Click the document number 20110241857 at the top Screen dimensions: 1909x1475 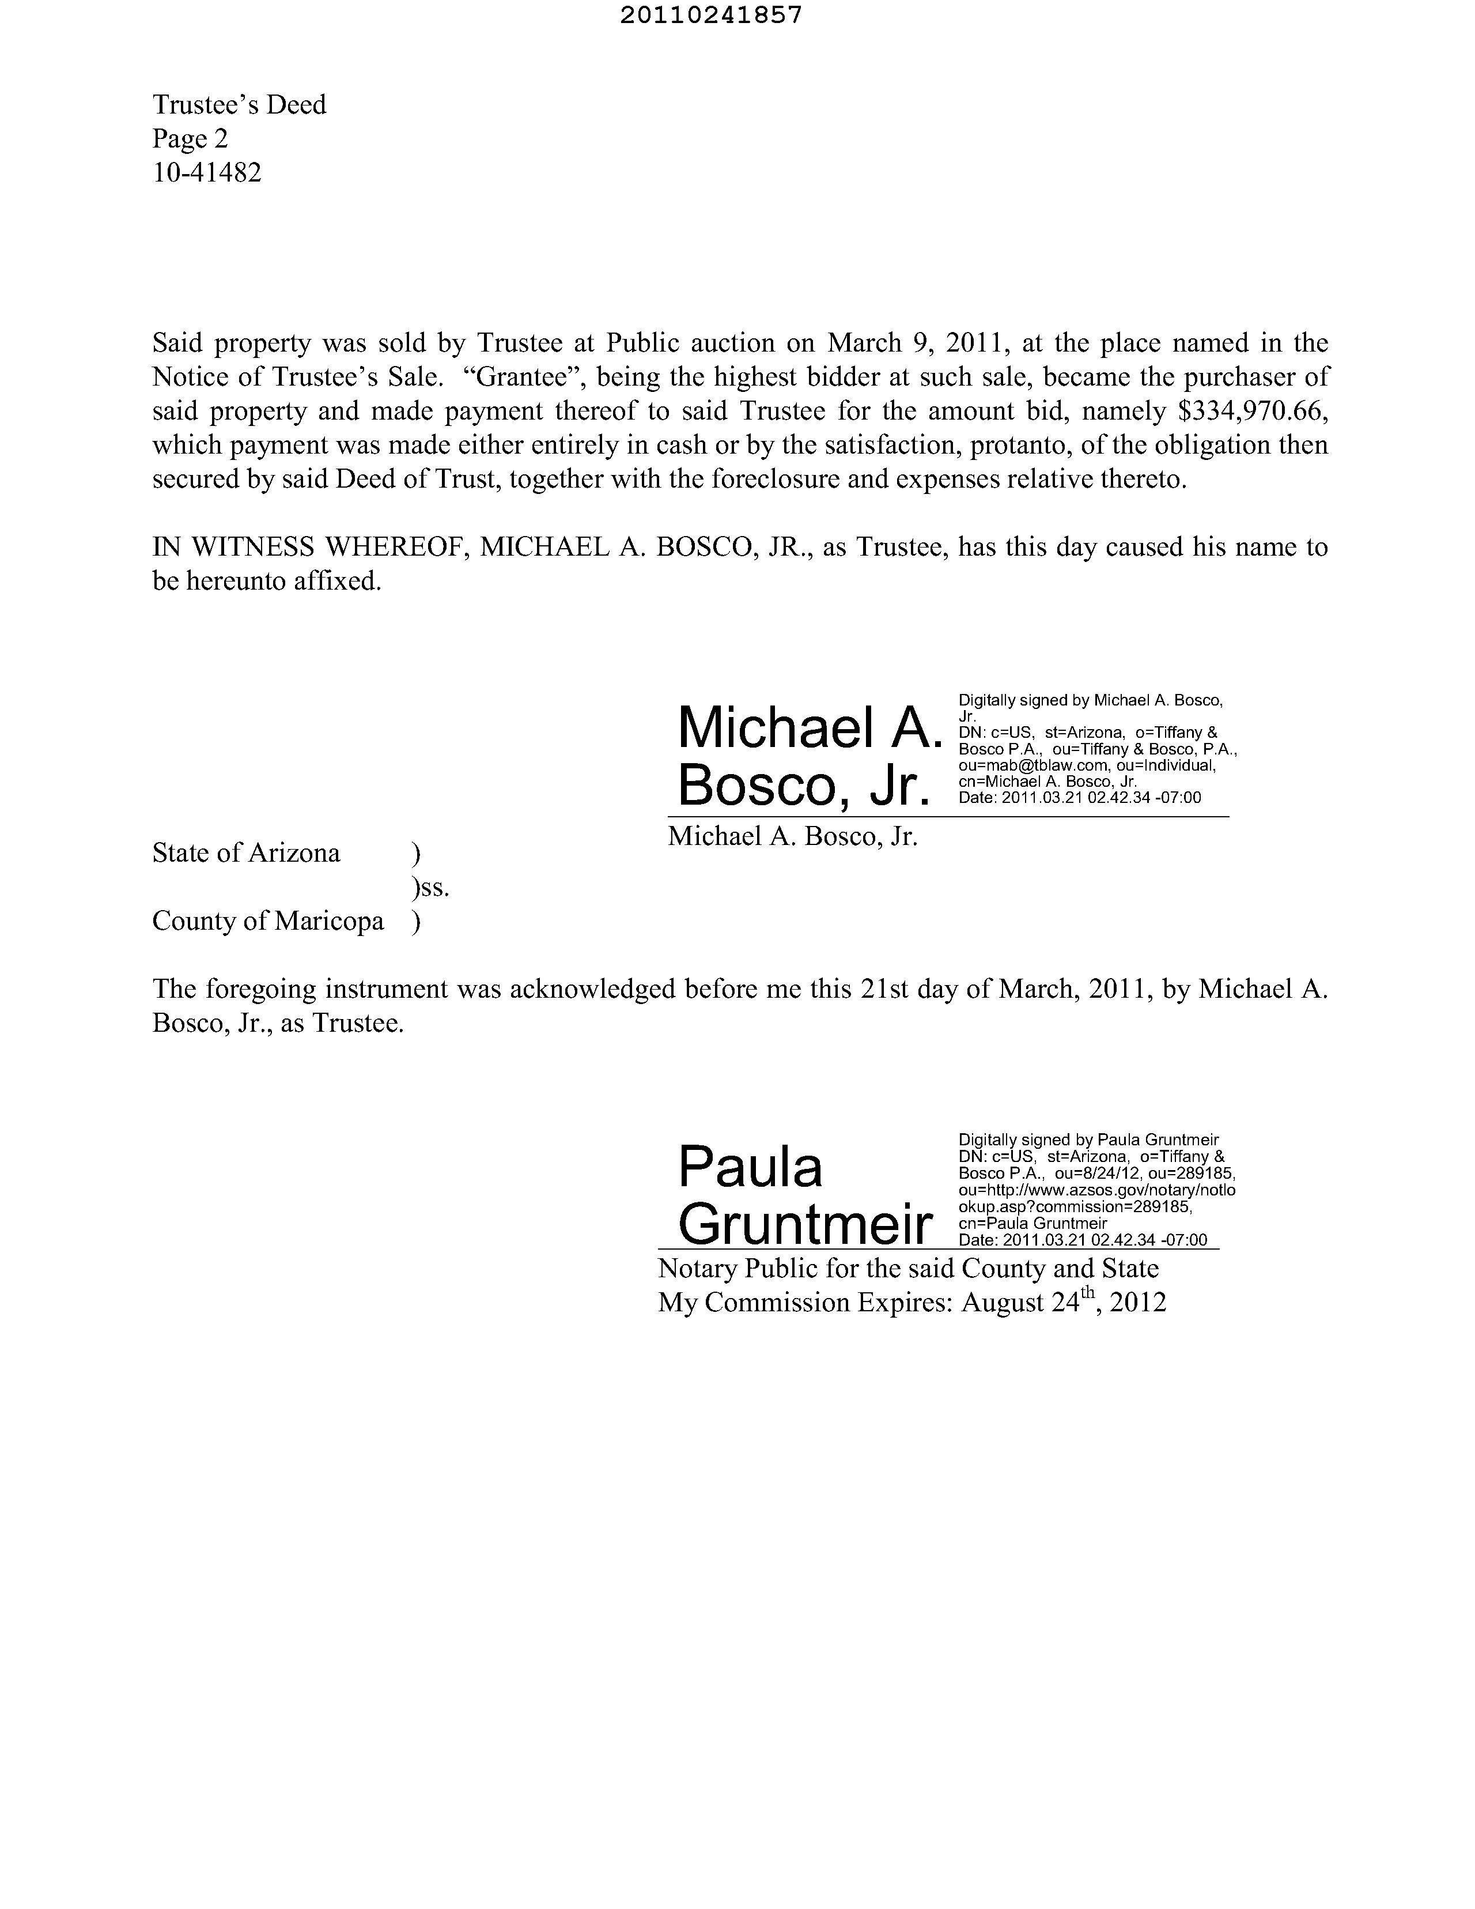pos(710,16)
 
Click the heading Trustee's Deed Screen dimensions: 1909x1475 pos(240,105)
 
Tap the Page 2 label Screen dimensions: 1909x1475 pos(191,139)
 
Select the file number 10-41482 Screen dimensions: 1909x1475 pos(207,173)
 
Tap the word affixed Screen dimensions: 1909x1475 pos(336,581)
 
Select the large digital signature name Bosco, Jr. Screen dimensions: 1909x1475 pos(804,786)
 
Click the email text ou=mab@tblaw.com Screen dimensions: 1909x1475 pos(1035,765)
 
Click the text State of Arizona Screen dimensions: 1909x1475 pos(247,853)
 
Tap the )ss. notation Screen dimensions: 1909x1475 pos(430,888)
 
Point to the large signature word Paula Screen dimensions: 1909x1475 pos(750,1167)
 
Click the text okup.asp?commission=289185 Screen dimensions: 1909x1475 pos(1075,1207)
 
